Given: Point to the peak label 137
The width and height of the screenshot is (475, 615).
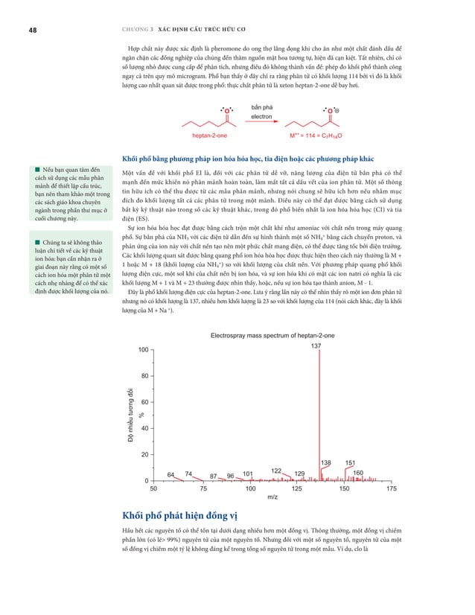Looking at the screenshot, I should pos(316,346).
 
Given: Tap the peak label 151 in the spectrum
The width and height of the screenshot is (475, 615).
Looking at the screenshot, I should pos(350,462).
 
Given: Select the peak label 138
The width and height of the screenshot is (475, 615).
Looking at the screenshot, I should pos(325,462).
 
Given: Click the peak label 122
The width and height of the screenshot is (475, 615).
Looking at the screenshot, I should pos(275,470).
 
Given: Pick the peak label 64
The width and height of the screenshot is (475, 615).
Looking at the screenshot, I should pos(170,474).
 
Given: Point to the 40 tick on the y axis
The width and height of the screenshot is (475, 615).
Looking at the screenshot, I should pos(144,428).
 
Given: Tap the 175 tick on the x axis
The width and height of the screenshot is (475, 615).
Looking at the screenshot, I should pos(392,489).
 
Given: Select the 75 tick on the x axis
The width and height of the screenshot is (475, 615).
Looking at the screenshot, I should pos(202,489).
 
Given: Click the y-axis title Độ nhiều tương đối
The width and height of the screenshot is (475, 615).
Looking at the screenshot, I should pos(130,418).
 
